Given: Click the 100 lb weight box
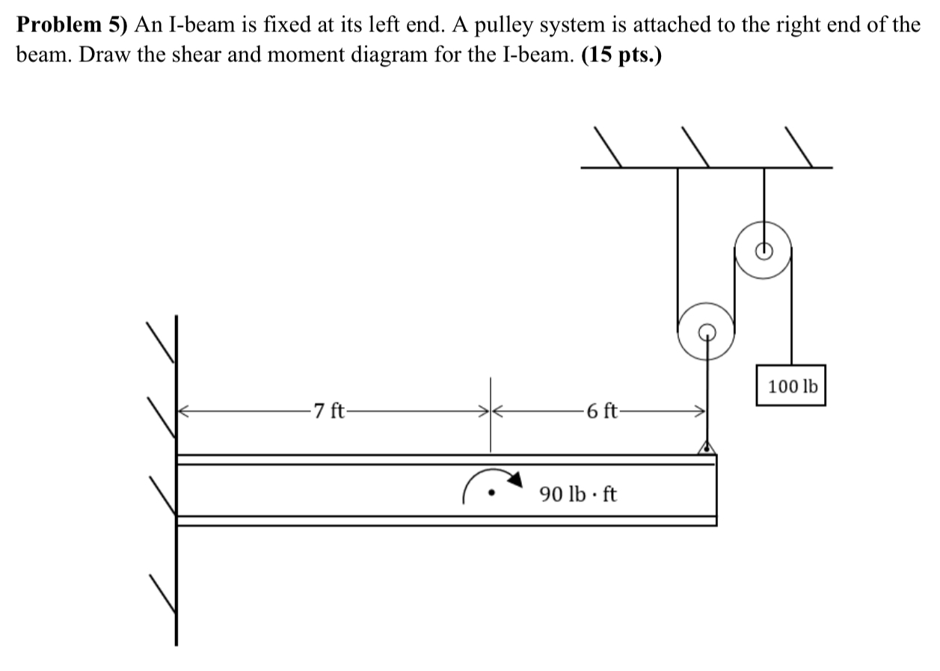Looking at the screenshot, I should [x=790, y=386].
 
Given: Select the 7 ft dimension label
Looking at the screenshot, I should [x=329, y=411].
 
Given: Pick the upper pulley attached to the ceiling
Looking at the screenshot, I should [x=764, y=251].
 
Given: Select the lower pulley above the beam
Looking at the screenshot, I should [x=706, y=331].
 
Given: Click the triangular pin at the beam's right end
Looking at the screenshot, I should [x=706, y=448].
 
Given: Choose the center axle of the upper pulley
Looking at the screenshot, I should [x=764, y=251].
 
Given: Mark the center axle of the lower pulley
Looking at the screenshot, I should [x=706, y=331].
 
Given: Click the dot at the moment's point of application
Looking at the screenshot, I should [x=491, y=494].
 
